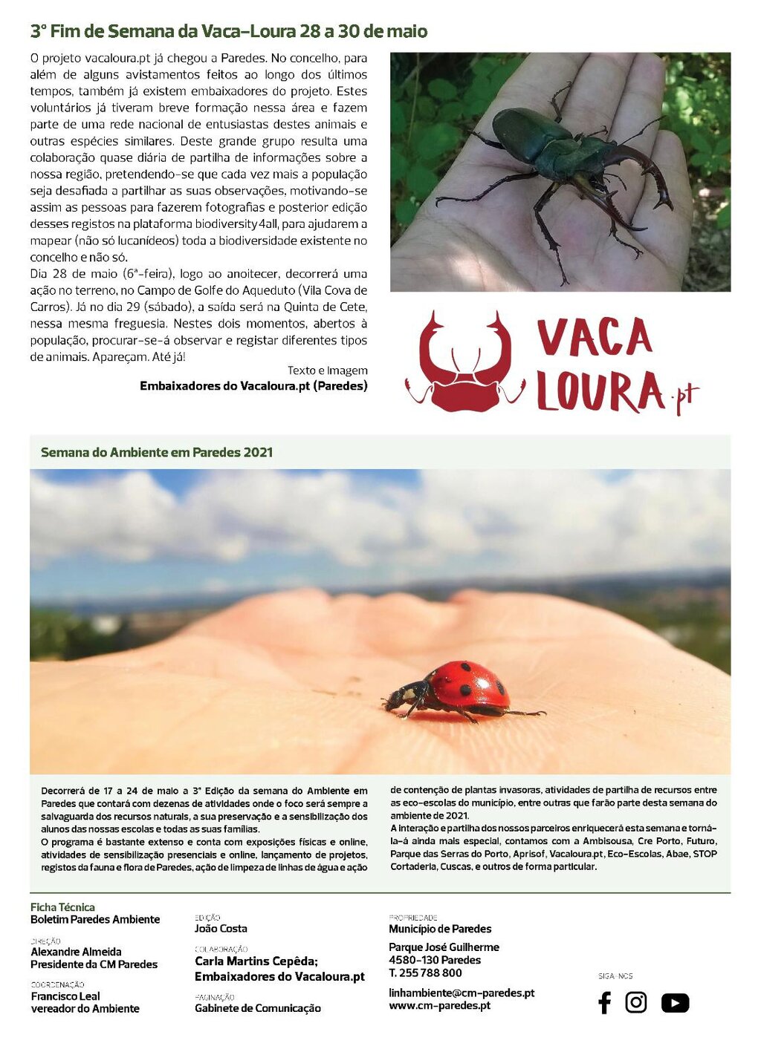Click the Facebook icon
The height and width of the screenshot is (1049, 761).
604,1003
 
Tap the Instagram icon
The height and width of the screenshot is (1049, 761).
636,1002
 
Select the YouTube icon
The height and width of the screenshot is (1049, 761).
675,1003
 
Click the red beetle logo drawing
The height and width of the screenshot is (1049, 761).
466,363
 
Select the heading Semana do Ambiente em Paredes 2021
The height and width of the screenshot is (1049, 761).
157,452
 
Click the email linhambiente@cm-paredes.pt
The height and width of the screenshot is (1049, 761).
462,993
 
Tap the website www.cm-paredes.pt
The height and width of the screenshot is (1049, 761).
439,1005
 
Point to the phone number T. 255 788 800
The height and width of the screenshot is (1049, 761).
425,973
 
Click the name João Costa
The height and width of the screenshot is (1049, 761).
221,928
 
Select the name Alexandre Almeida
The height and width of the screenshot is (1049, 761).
76,952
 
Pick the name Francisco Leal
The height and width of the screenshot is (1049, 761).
65,996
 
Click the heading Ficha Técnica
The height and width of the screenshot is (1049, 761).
62,907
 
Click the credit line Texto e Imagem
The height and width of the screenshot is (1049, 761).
327,370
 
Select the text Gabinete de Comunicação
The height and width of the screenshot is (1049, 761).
258,1008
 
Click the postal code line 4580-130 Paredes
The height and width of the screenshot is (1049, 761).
435,960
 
